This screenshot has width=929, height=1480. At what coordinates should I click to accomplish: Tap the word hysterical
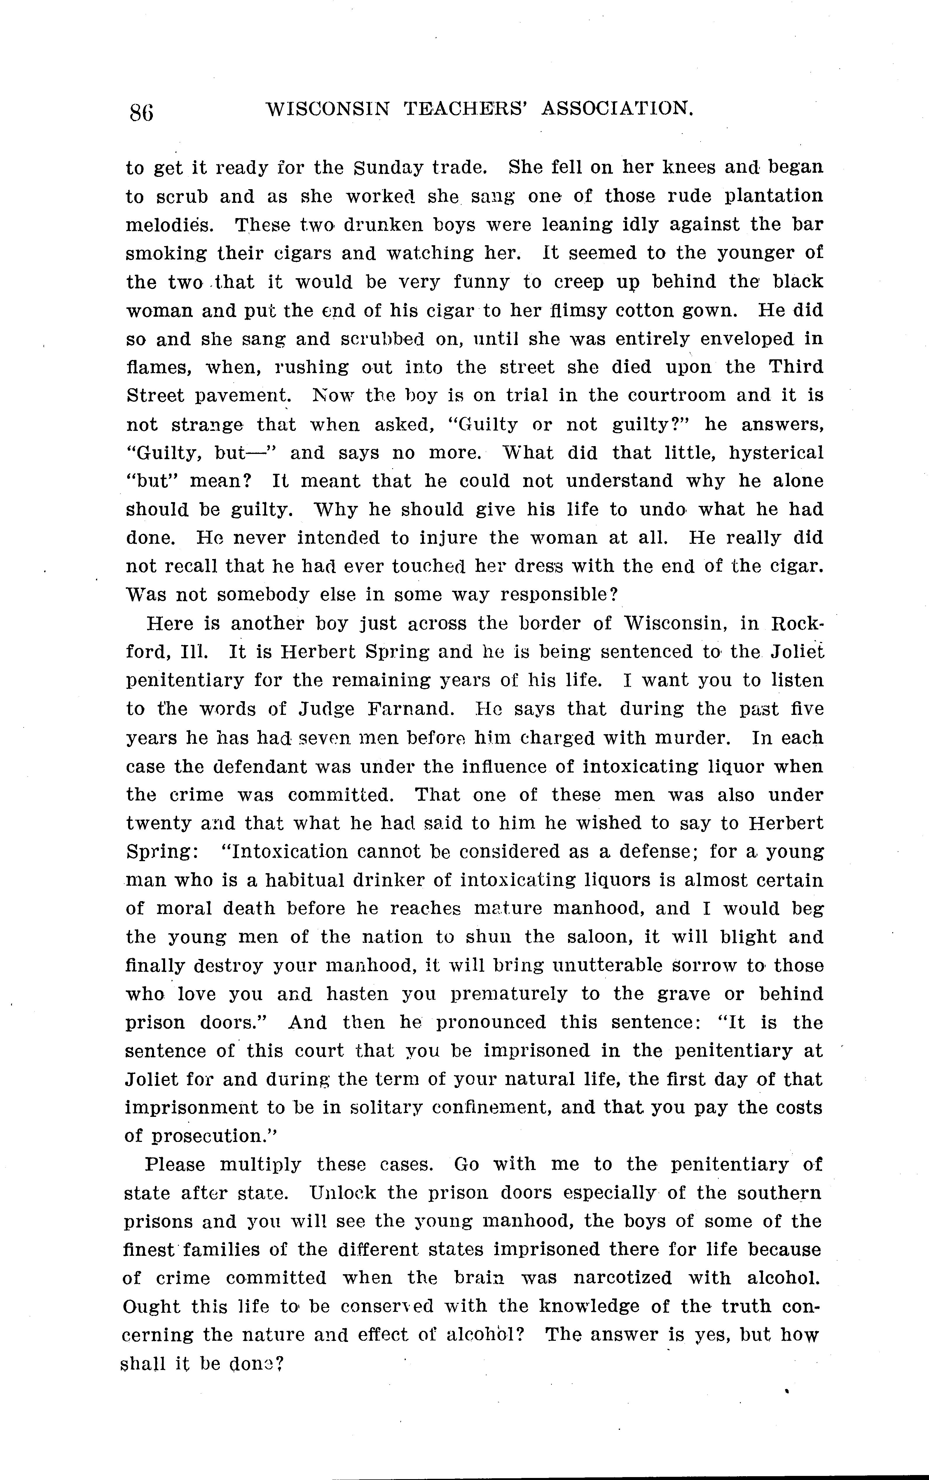(x=776, y=453)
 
